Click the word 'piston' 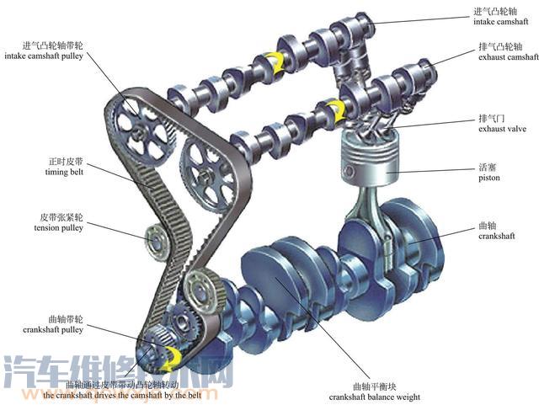point(489,178)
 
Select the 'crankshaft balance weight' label point(374,397)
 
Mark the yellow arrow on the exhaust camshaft point(334,109)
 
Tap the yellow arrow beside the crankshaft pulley point(173,360)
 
